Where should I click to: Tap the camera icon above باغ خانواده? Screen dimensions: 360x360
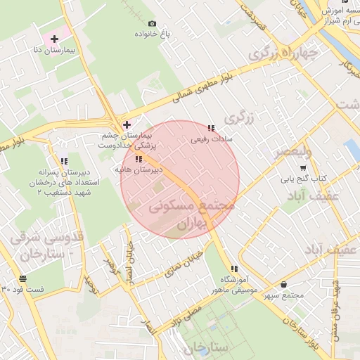152,23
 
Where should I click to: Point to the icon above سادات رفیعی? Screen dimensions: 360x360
211,128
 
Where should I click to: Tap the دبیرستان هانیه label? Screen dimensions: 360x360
139,169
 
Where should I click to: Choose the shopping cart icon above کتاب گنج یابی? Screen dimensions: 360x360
302,168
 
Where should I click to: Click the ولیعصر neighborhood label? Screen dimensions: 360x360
289,151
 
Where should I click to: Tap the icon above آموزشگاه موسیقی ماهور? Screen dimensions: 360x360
233,269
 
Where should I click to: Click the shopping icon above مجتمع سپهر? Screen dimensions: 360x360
283,284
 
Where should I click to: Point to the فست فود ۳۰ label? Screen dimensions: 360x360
22,289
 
